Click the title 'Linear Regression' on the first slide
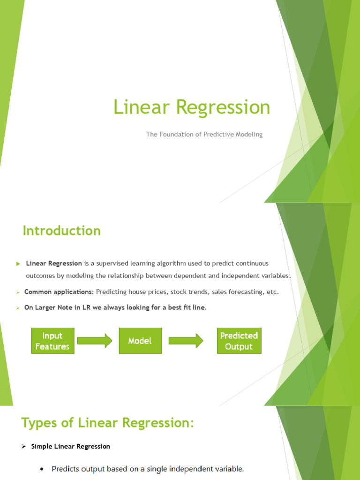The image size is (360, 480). (x=192, y=107)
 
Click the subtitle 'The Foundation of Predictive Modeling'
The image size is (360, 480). (x=204, y=135)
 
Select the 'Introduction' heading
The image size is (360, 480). (x=61, y=231)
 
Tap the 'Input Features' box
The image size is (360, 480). (x=52, y=341)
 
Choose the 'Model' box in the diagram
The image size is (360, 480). (x=140, y=341)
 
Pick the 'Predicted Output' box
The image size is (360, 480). (x=239, y=341)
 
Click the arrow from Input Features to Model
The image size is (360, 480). (x=95, y=341)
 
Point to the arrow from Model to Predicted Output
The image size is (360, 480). (x=186, y=341)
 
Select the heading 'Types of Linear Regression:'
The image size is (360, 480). (x=107, y=422)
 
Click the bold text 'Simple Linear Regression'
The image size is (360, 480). (x=71, y=446)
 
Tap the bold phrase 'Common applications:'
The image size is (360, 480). (x=59, y=292)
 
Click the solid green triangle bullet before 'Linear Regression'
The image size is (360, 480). (x=18, y=264)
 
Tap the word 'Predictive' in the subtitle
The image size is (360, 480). (x=218, y=135)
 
